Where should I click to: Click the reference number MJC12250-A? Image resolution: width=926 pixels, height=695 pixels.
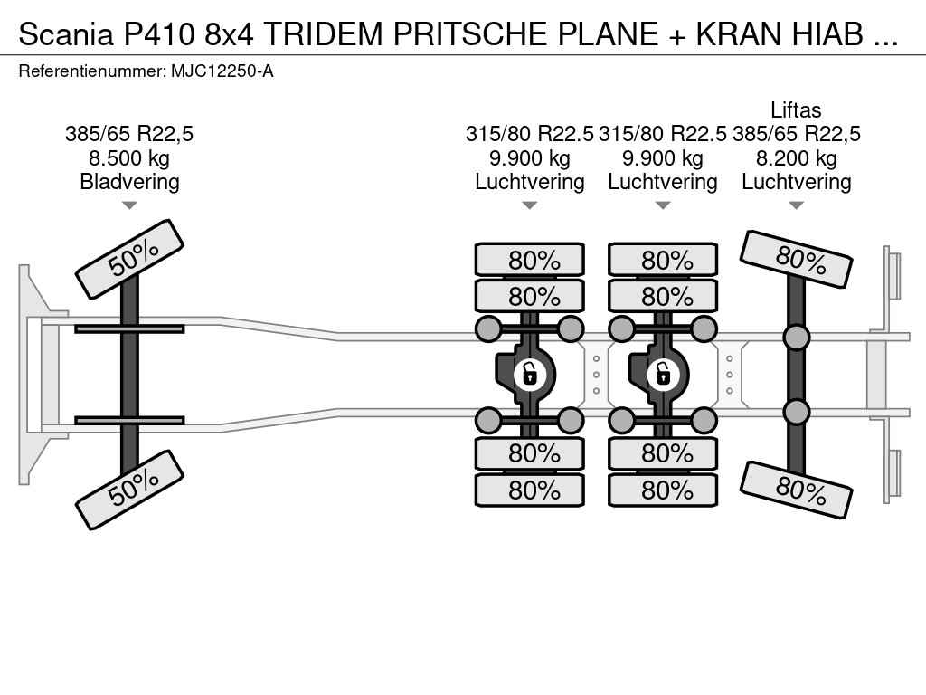[x=222, y=71]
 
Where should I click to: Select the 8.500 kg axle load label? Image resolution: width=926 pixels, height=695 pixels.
[x=129, y=158]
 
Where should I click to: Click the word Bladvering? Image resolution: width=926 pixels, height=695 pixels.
[x=129, y=182]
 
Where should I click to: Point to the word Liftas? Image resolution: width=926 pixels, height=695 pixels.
[x=796, y=110]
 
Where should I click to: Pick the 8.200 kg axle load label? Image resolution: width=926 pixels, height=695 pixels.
[x=796, y=158]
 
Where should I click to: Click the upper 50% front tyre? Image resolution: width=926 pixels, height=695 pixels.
[x=129, y=259]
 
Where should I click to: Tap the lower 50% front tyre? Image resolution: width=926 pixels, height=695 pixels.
[x=129, y=489]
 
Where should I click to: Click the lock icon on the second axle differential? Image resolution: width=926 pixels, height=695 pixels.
[x=529, y=373]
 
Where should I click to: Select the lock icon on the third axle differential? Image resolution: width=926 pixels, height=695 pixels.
[x=662, y=373]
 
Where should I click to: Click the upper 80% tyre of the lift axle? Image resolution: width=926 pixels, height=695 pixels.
[x=796, y=259]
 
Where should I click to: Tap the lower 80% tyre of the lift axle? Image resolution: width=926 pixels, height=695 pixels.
[x=796, y=490]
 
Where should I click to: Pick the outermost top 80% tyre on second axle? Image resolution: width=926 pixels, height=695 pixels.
[x=530, y=260]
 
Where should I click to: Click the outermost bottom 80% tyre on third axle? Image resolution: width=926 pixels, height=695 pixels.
[x=663, y=490]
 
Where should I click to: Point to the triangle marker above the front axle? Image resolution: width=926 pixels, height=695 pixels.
[x=129, y=205]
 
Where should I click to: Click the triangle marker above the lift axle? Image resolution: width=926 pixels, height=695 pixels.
[x=796, y=205]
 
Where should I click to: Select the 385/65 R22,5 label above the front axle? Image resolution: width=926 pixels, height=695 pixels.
[x=129, y=134]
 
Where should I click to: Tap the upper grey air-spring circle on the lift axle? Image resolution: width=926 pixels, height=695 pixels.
[x=796, y=338]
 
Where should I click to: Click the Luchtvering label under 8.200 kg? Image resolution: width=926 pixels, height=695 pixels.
[x=796, y=182]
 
